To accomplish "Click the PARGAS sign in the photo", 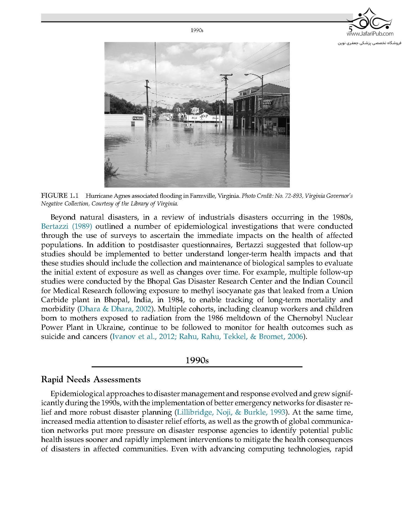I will (138, 118).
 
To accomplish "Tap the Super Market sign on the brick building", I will (267, 104).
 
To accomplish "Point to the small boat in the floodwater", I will (189, 128).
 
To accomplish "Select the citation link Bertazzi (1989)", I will (66, 226).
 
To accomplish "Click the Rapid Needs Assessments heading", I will (91, 380).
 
